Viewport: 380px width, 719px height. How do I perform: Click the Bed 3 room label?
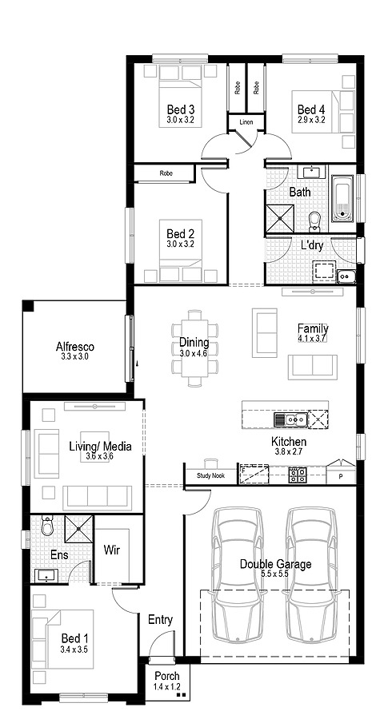180,109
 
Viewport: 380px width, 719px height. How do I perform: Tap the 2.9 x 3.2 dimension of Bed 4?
310,120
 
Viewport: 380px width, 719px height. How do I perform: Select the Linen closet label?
246,122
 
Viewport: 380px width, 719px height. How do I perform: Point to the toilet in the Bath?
314,219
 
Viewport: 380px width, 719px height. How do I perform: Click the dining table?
194,348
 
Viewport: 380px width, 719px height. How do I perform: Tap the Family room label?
312,328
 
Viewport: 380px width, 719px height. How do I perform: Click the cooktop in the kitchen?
298,475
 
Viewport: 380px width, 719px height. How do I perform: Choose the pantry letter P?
340,476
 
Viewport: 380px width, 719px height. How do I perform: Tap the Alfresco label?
75,347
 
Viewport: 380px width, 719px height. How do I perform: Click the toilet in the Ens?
47,526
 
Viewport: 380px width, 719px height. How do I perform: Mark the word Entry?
160,619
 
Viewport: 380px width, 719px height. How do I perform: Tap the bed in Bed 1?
62,639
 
